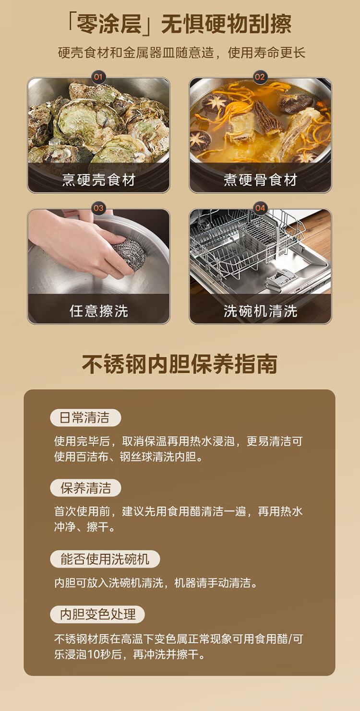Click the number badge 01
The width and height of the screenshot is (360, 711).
(x=98, y=77)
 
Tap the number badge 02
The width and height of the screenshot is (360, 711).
(x=260, y=77)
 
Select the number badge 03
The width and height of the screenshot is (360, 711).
(x=98, y=208)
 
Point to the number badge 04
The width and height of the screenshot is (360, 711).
(x=260, y=208)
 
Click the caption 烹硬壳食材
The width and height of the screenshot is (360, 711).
(x=99, y=179)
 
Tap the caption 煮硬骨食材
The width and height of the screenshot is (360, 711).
(x=260, y=179)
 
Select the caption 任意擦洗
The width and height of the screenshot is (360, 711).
(x=99, y=311)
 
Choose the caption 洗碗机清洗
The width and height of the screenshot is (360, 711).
(x=260, y=311)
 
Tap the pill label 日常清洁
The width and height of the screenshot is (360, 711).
(x=85, y=418)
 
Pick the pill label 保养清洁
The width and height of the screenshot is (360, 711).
(x=85, y=488)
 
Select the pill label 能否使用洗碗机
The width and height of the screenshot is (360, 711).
(x=105, y=559)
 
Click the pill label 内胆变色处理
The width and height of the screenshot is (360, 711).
(x=97, y=615)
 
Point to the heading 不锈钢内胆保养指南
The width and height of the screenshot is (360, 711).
(x=180, y=364)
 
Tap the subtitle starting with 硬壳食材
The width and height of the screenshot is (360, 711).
(x=181, y=53)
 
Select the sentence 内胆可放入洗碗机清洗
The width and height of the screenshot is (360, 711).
(x=109, y=583)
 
